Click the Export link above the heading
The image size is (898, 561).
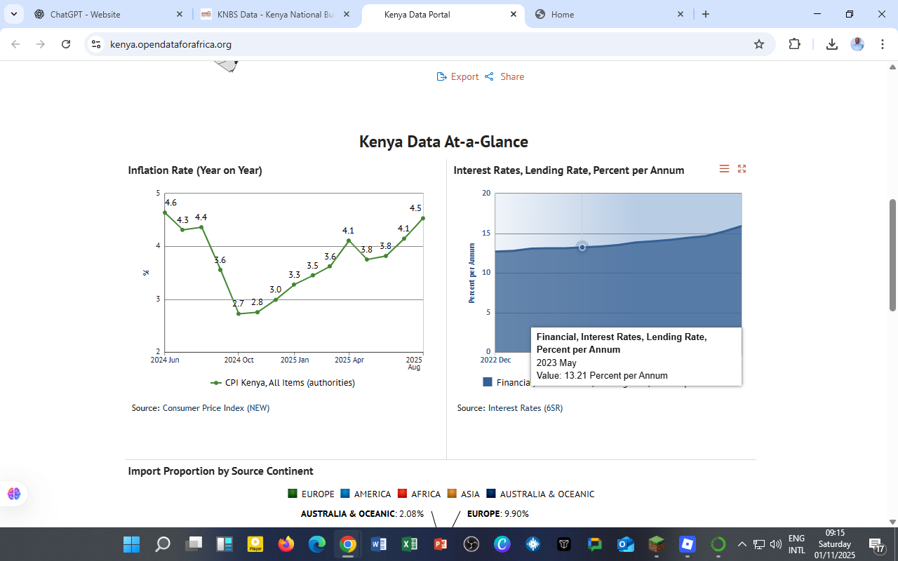(458, 76)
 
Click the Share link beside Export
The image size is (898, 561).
(505, 76)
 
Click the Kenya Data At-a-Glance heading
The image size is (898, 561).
(443, 142)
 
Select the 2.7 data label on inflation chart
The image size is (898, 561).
(239, 304)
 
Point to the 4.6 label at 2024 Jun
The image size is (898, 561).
(170, 203)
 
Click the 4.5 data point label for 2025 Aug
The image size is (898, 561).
(415, 208)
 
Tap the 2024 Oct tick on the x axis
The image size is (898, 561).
(239, 360)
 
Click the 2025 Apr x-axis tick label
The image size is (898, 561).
(349, 360)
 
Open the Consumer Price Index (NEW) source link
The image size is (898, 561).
(216, 408)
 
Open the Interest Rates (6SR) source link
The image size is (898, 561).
(525, 408)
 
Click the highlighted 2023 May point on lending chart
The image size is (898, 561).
(582, 247)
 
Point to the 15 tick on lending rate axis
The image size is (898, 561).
(486, 233)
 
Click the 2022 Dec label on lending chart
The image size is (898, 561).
(495, 360)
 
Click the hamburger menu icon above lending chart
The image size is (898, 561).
(724, 168)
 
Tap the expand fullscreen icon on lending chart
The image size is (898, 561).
(742, 168)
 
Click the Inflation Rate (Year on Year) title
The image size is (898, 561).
(195, 170)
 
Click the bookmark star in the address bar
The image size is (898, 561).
(758, 44)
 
